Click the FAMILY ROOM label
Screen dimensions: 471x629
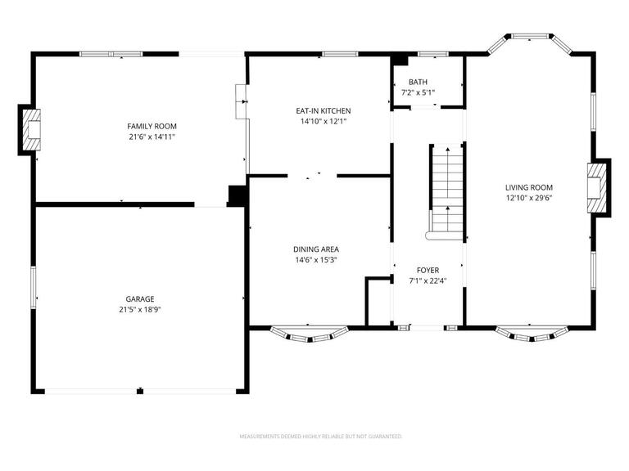tap(152, 126)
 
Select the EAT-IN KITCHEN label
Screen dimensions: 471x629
tap(324, 110)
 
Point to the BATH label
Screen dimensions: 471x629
tap(418, 82)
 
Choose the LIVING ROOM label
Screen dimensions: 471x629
tap(528, 187)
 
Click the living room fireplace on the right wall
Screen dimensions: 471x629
tap(599, 187)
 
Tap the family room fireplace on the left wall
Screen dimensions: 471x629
tap(30, 131)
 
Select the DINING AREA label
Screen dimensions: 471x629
tap(316, 249)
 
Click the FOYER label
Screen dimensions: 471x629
tap(428, 270)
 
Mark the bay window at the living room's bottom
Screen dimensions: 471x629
tap(531, 334)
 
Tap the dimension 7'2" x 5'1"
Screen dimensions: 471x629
tap(418, 92)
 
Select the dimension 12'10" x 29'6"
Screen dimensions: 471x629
tap(528, 198)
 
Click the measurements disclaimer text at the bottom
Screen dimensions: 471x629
tap(320, 437)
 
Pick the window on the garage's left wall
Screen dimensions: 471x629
tap(34, 287)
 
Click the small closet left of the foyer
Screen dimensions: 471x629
tap(378, 303)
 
